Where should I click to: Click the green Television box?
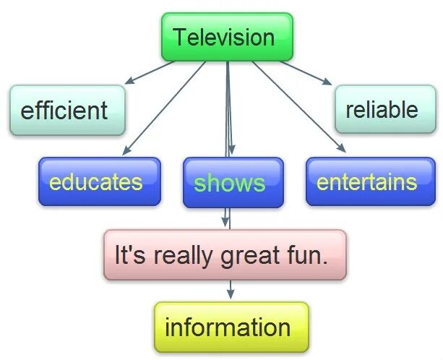pyautogui.click(x=227, y=37)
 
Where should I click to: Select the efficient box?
pyautogui.click(x=67, y=111)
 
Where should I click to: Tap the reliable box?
pyautogui.click(x=381, y=109)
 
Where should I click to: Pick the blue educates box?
pyautogui.click(x=100, y=181)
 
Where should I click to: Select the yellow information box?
pyautogui.click(x=231, y=327)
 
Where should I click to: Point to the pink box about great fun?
pyautogui.click(x=225, y=254)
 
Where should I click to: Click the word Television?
pyautogui.click(x=225, y=37)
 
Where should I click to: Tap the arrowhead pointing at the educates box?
pyautogui.click(x=126, y=151)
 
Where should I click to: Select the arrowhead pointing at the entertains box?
pyautogui.click(x=342, y=149)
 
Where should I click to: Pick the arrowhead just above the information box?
pyautogui.click(x=231, y=294)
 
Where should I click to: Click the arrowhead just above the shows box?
pyautogui.click(x=231, y=152)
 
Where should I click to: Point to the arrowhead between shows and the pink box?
pyautogui.click(x=226, y=221)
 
